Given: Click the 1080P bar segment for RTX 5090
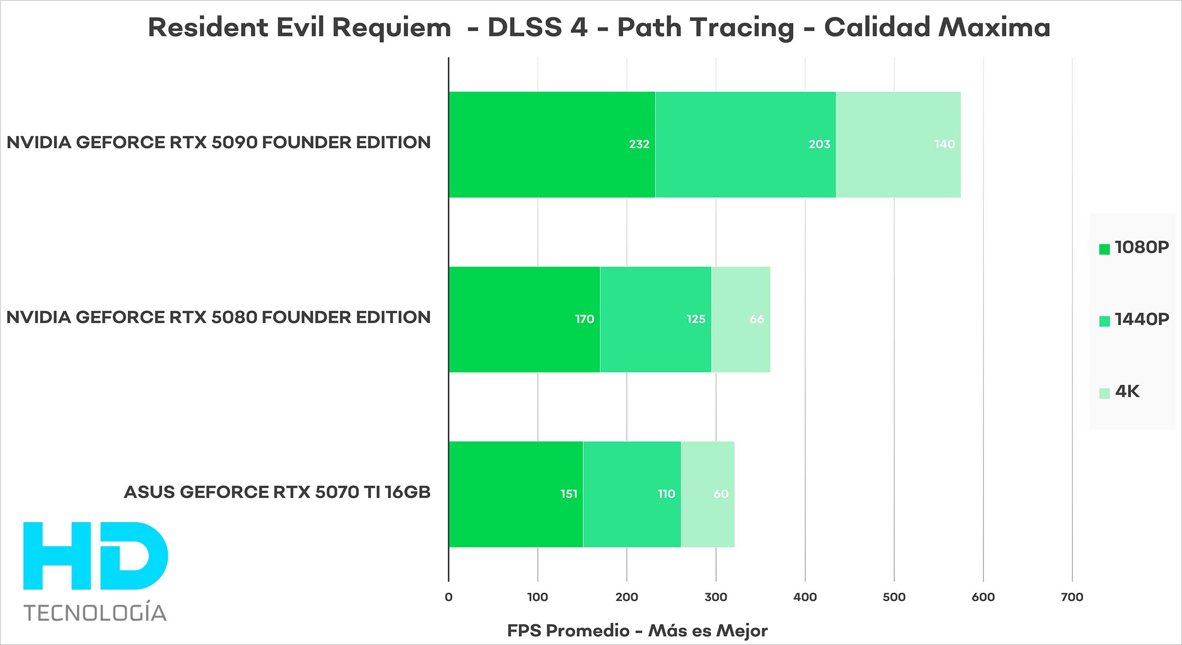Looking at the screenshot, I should (x=552, y=145).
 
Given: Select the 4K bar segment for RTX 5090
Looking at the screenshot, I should (x=898, y=145).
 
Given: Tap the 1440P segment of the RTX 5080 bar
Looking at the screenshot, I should (x=656, y=319).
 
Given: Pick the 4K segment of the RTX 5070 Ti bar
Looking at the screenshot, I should (x=708, y=494).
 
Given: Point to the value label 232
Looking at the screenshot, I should (x=639, y=145).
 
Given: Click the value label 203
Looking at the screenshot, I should (x=819, y=145).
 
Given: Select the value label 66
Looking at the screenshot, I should (x=756, y=319).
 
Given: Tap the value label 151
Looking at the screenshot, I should (x=569, y=494).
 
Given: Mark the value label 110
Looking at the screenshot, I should (x=666, y=494).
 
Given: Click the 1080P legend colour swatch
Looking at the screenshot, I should (x=1104, y=249).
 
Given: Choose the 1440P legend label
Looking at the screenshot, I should (x=1142, y=319).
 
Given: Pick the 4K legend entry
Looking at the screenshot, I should (x=1127, y=392).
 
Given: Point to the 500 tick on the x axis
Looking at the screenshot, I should (x=894, y=597).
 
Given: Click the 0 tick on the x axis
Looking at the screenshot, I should (x=449, y=597).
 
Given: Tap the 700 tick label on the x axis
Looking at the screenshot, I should (x=1072, y=597).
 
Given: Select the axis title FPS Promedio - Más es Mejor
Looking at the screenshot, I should (x=637, y=631).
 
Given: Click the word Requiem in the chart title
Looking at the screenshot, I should (x=391, y=27).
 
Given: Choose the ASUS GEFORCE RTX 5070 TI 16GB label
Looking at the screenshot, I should (x=277, y=492).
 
